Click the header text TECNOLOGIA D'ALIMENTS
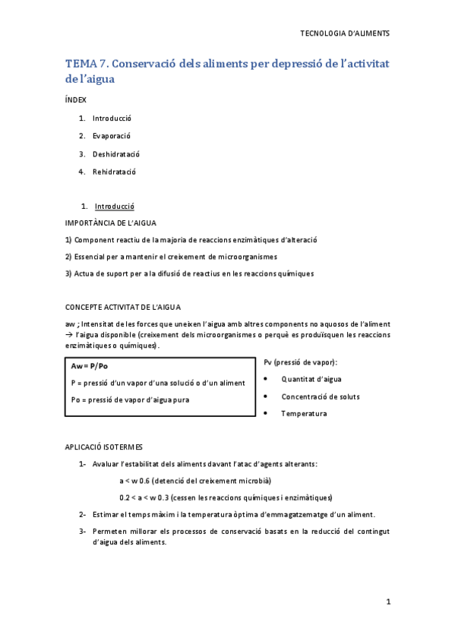[346, 33]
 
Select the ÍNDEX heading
[76, 99]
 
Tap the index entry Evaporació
[112, 136]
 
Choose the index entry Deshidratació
[115, 154]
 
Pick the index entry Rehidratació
[114, 172]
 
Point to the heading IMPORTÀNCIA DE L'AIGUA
[111, 223]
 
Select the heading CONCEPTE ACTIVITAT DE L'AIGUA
[122, 307]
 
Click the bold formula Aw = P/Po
[89, 366]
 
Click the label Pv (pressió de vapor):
[301, 362]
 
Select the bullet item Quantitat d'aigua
[311, 378]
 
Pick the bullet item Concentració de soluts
[321, 396]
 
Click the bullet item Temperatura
[304, 414]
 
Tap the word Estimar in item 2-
[105, 514]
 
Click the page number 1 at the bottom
[387, 602]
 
